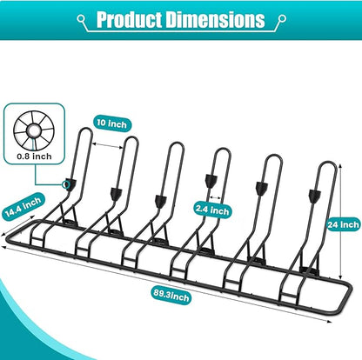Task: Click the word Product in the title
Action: coord(130,19)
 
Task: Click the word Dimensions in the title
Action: coord(216,19)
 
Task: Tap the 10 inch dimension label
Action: coord(112,123)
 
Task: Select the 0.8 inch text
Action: coord(34,157)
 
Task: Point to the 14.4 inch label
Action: coord(23,205)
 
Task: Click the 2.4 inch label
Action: coord(212,210)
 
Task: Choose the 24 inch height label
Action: coord(344,224)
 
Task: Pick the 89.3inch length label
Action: coord(171,296)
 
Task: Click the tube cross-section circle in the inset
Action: coord(34,131)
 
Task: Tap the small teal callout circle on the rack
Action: coord(66,183)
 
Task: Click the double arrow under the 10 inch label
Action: coord(108,145)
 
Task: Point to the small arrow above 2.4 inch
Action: coord(215,197)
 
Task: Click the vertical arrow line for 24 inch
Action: coord(340,221)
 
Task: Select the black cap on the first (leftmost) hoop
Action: coord(70,184)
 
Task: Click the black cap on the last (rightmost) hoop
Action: coord(315,196)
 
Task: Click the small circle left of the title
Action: coord(81,19)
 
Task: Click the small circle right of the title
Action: coord(282,19)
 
